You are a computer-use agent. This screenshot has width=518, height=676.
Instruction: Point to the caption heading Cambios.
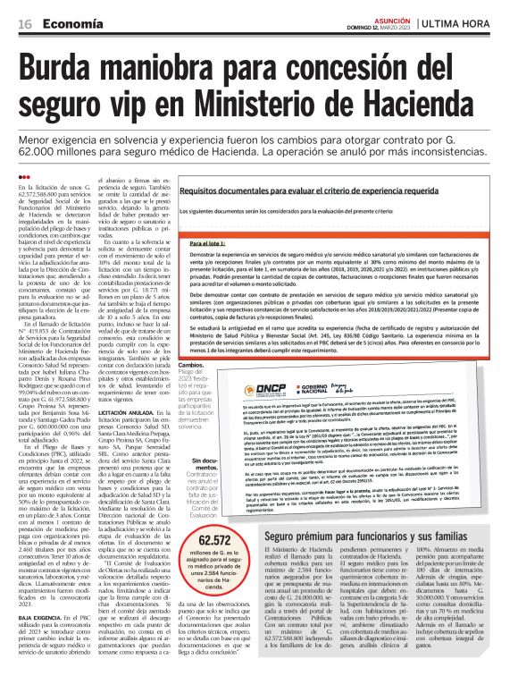point(217,365)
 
